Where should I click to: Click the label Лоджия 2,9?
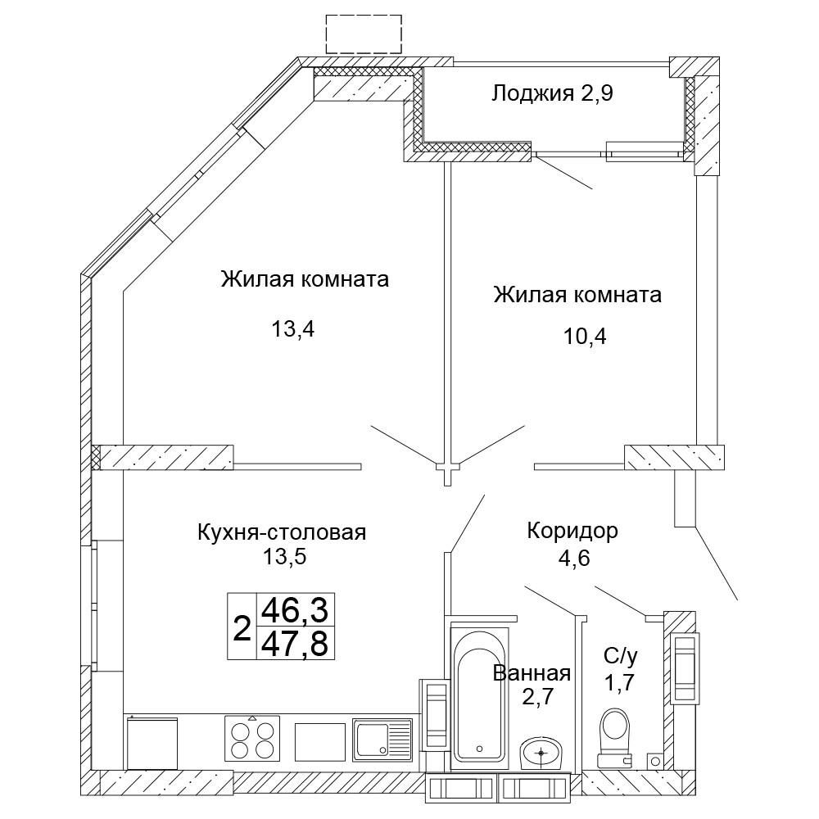click(552, 93)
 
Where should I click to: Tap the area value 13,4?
click(293, 329)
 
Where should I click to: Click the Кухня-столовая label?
click(282, 532)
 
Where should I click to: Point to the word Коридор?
click(572, 531)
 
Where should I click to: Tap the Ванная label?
click(532, 673)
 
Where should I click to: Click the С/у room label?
click(620, 655)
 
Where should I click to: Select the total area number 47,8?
click(293, 644)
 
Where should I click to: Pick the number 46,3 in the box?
click(293, 610)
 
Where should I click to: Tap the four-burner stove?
click(252, 738)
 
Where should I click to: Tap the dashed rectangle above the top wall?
click(364, 33)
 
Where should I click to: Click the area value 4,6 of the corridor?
click(572, 559)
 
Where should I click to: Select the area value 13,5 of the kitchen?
click(282, 557)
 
